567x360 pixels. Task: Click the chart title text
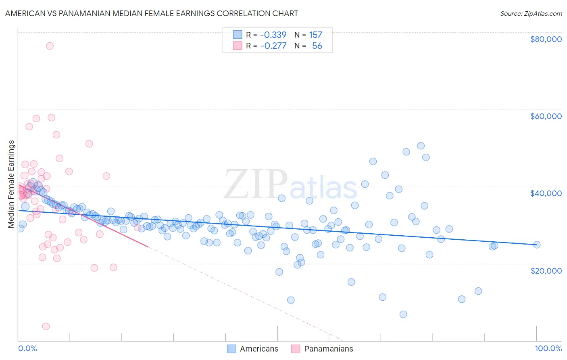point(152,13)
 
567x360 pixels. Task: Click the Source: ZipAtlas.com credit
point(531,14)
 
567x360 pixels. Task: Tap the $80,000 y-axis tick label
point(546,39)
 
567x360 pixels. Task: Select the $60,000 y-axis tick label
point(546,116)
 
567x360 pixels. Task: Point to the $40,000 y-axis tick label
point(546,193)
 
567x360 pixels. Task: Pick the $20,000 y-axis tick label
point(546,270)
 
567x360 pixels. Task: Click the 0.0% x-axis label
point(27,348)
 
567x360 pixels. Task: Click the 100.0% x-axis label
point(548,348)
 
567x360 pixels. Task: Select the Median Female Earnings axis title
point(11,184)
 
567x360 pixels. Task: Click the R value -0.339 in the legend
point(273,35)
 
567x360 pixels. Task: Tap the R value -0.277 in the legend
point(273,46)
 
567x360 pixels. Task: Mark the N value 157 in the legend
point(315,35)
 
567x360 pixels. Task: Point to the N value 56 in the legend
point(317,46)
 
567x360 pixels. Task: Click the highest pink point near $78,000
point(50,46)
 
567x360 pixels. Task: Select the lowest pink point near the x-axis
point(46,326)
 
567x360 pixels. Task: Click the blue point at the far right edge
point(536,245)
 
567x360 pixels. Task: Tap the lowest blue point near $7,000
point(403,314)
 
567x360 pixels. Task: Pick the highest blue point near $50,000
point(421,146)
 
